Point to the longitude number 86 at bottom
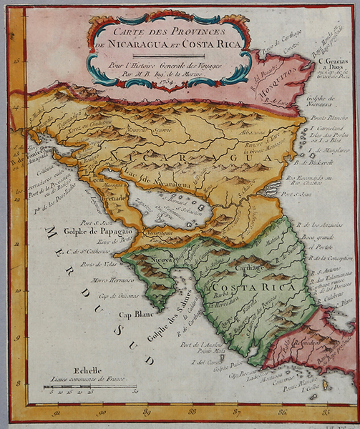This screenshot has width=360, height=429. coord(283,410)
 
